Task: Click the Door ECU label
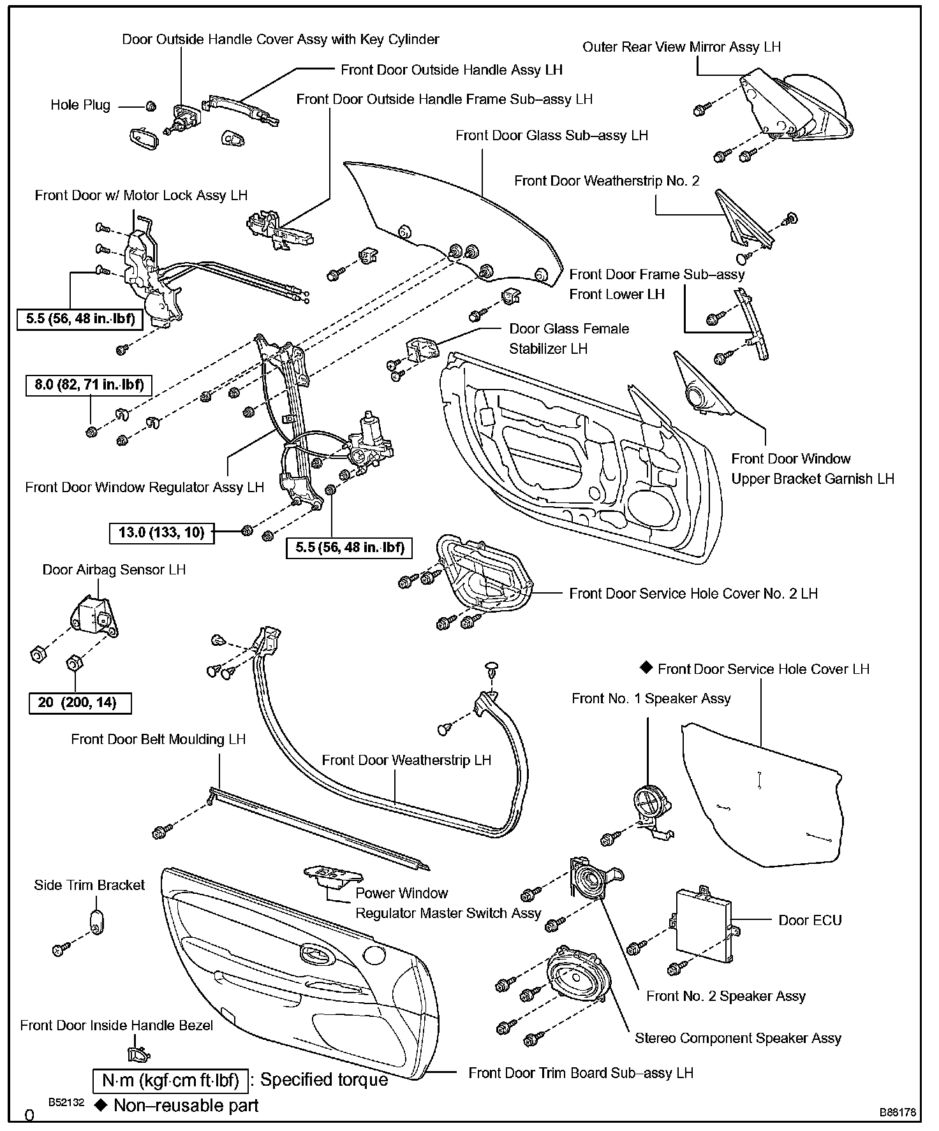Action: [x=810, y=920]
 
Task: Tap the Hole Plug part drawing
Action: [x=151, y=105]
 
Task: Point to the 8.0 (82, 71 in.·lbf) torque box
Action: [x=89, y=385]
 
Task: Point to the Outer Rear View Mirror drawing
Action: [x=791, y=108]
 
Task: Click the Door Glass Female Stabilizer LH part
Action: [x=421, y=350]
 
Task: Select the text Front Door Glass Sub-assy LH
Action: [x=551, y=135]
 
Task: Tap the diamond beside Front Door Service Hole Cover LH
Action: [x=646, y=668]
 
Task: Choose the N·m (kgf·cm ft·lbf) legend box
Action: [x=170, y=1080]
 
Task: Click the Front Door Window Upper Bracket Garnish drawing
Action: [x=702, y=389]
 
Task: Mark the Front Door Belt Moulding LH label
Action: [x=158, y=739]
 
